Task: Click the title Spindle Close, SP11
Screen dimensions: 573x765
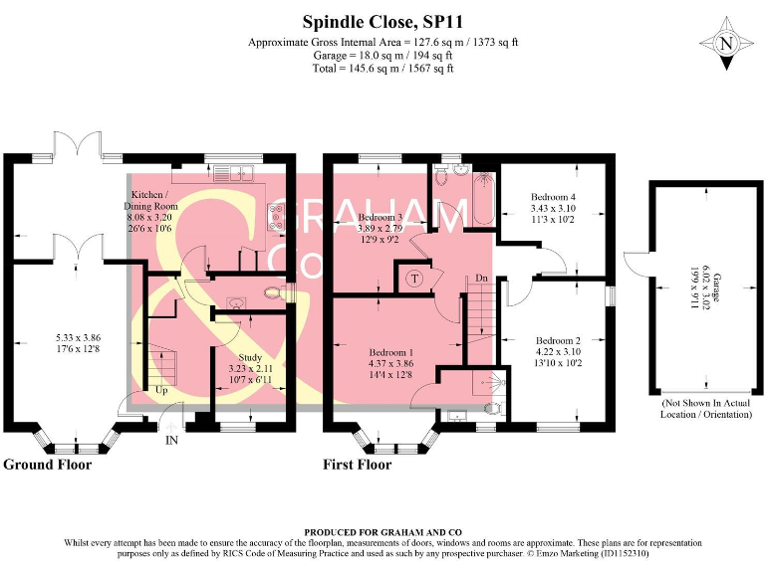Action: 382,20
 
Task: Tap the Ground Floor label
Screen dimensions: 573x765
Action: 48,465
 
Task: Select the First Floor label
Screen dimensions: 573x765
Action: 358,465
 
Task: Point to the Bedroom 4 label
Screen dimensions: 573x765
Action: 553,197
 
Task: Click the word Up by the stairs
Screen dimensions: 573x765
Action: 160,391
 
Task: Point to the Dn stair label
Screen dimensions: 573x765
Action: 480,278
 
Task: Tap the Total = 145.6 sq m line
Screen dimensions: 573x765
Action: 382,69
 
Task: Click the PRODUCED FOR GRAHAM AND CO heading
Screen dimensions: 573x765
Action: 382,533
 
